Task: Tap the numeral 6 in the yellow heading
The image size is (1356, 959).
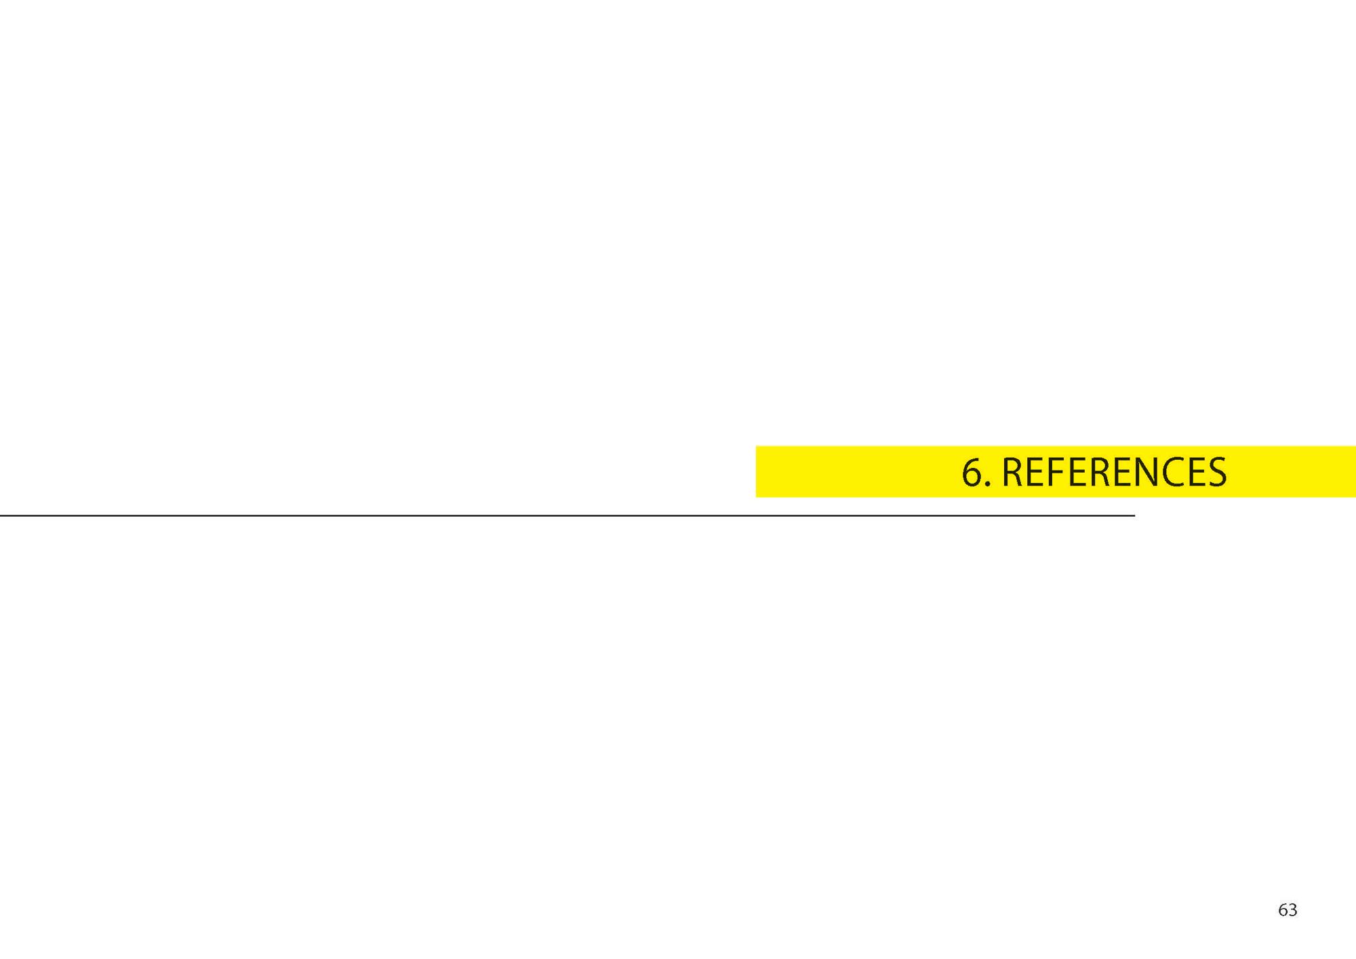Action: (x=972, y=472)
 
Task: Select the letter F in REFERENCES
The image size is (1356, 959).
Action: (x=1055, y=472)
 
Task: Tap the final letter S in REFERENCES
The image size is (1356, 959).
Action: (x=1218, y=472)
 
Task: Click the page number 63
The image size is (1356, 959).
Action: (x=1288, y=910)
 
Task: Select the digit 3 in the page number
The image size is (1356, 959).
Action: (x=1293, y=910)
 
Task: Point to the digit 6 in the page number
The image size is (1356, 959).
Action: (x=1283, y=910)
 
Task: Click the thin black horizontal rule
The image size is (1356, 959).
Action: (x=567, y=515)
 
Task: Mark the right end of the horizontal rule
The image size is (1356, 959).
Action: (x=1135, y=515)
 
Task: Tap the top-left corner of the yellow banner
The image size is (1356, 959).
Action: (x=756, y=446)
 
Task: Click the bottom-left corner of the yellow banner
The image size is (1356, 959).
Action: (x=756, y=497)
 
